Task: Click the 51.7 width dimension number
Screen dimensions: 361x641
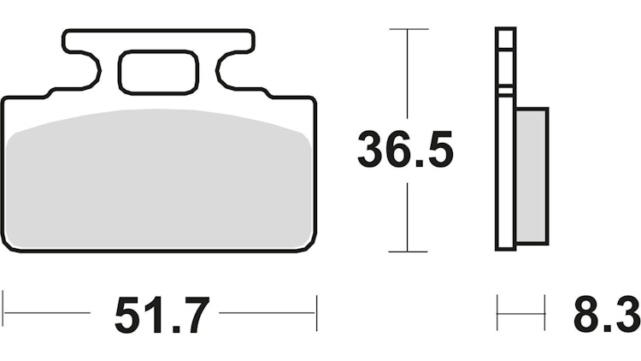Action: [161, 315]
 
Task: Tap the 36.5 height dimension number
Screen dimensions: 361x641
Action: [405, 151]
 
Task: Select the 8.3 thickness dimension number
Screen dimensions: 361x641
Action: [605, 315]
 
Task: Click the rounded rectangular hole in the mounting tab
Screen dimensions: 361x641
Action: [159, 72]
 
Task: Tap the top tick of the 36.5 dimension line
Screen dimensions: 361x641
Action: [408, 30]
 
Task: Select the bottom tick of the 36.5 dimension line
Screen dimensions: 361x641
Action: [408, 252]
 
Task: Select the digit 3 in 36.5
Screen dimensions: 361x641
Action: [372, 151]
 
